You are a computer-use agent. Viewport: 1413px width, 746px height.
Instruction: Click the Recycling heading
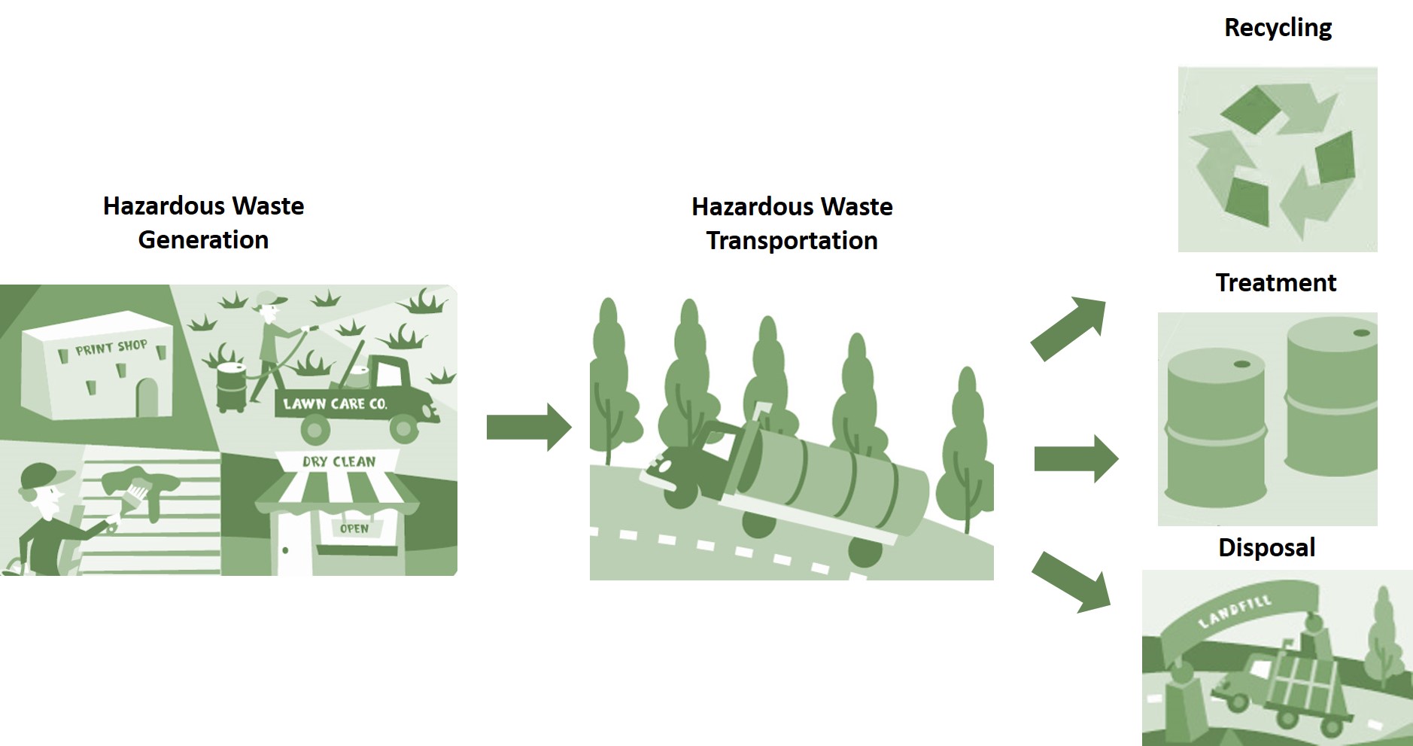[1278, 28]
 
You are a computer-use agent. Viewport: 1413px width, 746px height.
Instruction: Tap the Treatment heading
[1275, 282]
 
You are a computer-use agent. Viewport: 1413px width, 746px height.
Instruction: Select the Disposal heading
[1266, 547]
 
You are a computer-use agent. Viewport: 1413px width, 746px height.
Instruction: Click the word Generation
[203, 239]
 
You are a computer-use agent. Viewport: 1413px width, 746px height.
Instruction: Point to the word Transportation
[792, 240]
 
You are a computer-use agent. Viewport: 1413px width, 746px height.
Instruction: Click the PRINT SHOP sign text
[111, 348]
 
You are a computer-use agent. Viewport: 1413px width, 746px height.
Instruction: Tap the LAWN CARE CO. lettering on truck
[335, 403]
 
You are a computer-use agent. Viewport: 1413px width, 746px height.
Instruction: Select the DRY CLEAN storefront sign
[339, 461]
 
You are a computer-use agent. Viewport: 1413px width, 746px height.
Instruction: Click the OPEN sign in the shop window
[354, 528]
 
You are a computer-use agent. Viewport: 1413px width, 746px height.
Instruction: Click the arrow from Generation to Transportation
[528, 427]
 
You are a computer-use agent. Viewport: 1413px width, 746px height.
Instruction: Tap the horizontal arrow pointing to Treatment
[1076, 458]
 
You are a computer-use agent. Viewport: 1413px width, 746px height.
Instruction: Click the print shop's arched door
[147, 397]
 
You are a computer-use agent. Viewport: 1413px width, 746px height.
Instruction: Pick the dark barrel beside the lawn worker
[231, 385]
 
